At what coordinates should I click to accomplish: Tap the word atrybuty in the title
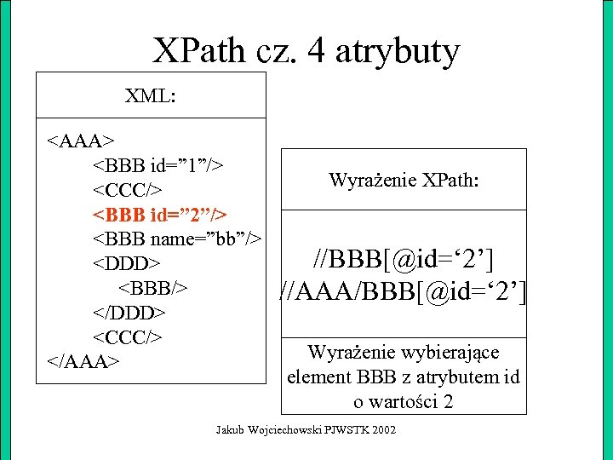coord(398,54)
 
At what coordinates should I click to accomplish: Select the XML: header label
coord(151,95)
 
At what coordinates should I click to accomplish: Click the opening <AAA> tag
coord(82,140)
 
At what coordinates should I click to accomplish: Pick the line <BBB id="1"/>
coord(158,163)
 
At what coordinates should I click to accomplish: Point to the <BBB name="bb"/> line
coord(176,236)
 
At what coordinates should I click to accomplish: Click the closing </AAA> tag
coord(82,361)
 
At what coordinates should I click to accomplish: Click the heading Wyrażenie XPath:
coord(404,181)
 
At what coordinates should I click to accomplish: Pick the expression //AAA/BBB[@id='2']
coord(404,293)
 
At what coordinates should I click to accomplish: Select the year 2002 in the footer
coord(384,432)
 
